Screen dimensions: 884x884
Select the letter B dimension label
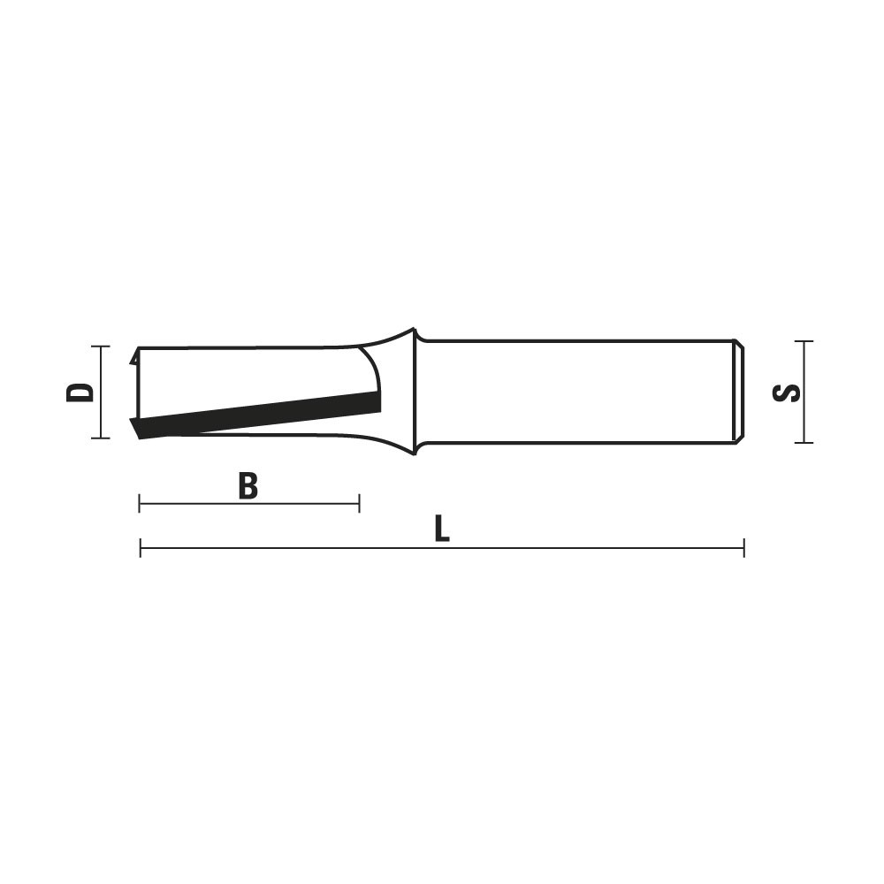(248, 486)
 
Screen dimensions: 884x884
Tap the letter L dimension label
(442, 530)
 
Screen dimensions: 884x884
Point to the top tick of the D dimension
(101, 347)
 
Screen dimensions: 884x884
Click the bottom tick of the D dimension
(101, 438)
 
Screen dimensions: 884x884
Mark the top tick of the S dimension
(804, 341)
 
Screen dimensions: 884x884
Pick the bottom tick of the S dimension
(804, 443)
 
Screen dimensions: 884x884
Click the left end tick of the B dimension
(140, 504)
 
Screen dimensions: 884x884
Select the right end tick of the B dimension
(359, 504)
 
